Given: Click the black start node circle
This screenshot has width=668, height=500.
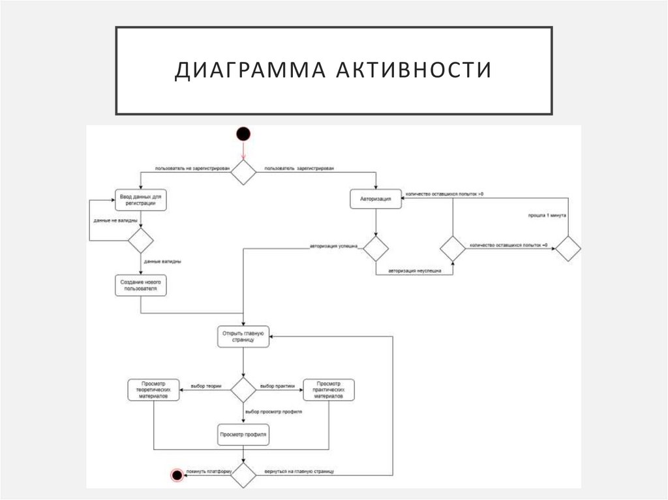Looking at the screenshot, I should (x=243, y=134).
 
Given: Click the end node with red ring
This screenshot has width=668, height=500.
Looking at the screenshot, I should (x=176, y=475).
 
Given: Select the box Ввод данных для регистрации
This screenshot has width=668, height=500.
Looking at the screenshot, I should (x=140, y=199).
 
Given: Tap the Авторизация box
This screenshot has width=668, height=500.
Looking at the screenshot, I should (x=375, y=199).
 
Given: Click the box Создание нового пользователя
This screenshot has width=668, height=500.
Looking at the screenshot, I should (x=140, y=285).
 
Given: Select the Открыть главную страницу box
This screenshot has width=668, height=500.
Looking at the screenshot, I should (x=243, y=336).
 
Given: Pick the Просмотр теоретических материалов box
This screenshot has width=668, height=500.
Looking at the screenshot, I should (x=153, y=390).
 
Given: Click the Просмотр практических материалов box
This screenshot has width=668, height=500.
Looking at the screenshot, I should (x=329, y=390).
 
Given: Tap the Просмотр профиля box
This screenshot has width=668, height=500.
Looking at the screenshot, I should (x=243, y=434).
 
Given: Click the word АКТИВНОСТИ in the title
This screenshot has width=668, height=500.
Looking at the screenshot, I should (x=414, y=70).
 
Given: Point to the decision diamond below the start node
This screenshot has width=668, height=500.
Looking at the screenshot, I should (x=243, y=173).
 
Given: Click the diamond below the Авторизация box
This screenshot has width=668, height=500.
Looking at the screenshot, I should (x=375, y=248).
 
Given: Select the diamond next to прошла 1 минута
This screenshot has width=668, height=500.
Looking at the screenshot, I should (x=568, y=248).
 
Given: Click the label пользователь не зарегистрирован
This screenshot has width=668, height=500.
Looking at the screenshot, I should (x=192, y=168).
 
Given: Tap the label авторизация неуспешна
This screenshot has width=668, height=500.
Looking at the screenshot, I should (x=414, y=269).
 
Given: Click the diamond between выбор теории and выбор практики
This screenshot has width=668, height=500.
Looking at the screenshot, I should (x=243, y=390).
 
